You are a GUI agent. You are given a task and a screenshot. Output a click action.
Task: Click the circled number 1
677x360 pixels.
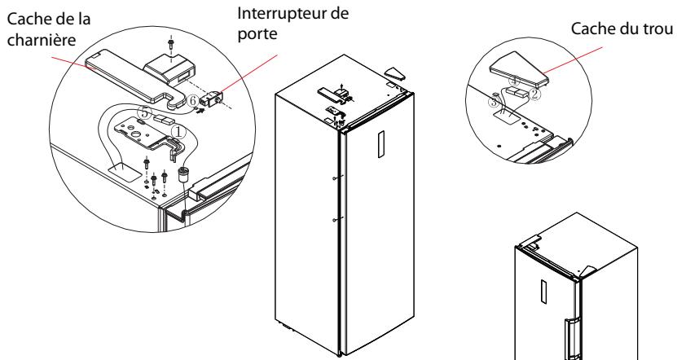tap(178, 132)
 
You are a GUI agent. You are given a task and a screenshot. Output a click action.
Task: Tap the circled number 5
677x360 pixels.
tap(145, 113)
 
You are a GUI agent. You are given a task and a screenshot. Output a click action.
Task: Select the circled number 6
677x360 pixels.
tap(193, 101)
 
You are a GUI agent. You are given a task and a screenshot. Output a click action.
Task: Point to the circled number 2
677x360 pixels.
tap(534, 94)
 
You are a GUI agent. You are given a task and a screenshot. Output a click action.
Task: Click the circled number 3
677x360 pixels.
tap(494, 103)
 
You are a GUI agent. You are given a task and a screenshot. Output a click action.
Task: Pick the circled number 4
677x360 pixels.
tap(514, 81)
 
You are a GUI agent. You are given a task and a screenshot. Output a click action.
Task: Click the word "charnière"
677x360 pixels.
tap(42, 40)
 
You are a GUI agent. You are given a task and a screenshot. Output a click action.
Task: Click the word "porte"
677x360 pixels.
tap(257, 34)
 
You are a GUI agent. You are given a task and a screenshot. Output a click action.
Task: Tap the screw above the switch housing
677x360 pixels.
tap(171, 44)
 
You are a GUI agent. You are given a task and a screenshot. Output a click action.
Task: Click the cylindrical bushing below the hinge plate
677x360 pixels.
tap(185, 175)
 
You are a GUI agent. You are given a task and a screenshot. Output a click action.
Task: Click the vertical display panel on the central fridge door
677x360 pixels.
tap(380, 144)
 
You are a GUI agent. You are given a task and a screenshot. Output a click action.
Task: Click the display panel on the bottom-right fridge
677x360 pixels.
tap(544, 292)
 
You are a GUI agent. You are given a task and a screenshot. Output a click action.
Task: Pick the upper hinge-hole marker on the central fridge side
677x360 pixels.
tap(336, 178)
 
